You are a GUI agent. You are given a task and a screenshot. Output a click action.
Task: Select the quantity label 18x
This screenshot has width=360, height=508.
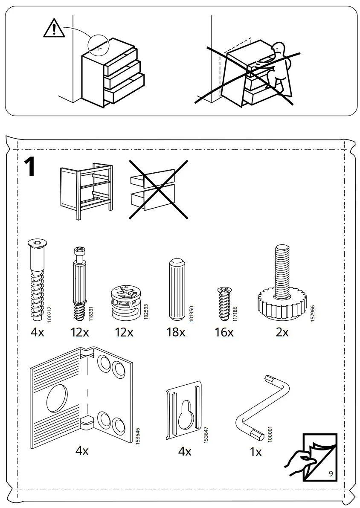point(176,332)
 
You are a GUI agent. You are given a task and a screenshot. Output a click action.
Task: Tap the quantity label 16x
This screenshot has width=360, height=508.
point(224,332)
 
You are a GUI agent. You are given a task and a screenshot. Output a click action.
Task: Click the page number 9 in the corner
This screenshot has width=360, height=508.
point(331,473)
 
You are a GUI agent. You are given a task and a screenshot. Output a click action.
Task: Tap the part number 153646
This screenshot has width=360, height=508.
point(137,435)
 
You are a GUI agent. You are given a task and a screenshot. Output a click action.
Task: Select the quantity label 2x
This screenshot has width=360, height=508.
point(282,332)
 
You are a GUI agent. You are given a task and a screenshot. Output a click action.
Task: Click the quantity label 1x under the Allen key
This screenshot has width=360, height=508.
point(255,452)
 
